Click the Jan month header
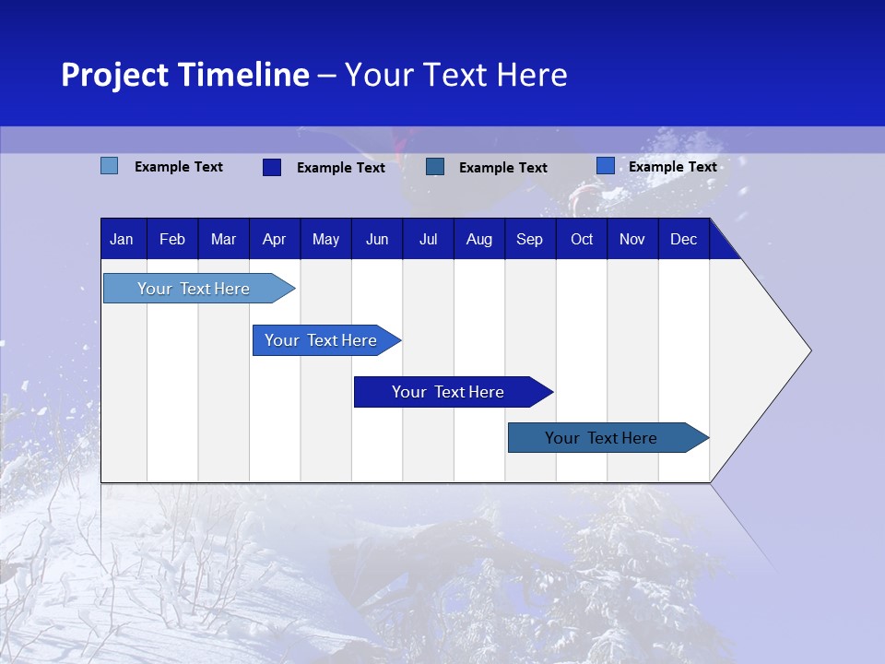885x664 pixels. (122, 240)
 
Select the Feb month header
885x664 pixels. (172, 240)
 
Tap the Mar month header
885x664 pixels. (223, 240)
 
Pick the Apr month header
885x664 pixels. (274, 240)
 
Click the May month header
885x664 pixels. (325, 240)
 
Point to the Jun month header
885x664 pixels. (377, 240)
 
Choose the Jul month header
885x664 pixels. (428, 240)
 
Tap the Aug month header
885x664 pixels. (478, 240)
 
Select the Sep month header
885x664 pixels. (529, 240)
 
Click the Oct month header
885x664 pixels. (582, 240)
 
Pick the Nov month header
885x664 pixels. (632, 240)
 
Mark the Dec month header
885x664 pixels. (683, 240)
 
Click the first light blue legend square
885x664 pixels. (109, 166)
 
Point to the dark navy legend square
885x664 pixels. (271, 167)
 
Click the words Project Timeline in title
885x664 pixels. (185, 75)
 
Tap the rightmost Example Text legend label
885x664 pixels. (672, 167)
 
